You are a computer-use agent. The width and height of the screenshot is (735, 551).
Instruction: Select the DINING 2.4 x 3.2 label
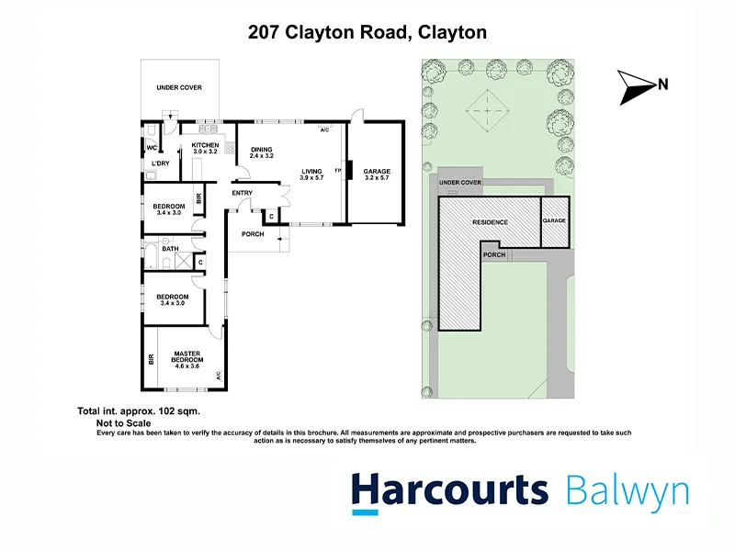tap(261, 152)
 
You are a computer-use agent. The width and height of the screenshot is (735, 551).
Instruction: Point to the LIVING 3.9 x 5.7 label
tap(311, 174)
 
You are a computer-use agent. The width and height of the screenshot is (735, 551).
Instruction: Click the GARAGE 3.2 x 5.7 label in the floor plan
tap(377, 174)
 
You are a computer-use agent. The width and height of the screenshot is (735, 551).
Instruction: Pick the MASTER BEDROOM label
tap(187, 360)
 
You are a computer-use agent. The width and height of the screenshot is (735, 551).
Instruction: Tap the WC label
tap(152, 148)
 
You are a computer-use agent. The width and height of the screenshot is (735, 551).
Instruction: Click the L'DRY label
tap(160, 163)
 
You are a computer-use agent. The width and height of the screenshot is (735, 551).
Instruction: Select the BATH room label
tap(170, 249)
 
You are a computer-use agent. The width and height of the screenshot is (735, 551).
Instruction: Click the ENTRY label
tap(243, 193)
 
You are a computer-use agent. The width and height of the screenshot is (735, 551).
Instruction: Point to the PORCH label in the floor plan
tap(253, 234)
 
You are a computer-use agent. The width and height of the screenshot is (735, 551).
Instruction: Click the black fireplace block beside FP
tap(349, 170)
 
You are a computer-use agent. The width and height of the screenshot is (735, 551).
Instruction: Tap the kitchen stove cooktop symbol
tap(230, 149)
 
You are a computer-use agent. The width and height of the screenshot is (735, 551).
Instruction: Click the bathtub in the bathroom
tap(151, 255)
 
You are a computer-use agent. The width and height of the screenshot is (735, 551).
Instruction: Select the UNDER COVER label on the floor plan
tap(179, 87)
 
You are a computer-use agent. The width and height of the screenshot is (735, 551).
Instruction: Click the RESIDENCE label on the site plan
tap(490, 222)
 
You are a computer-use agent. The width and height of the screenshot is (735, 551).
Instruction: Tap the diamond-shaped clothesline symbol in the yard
tap(488, 111)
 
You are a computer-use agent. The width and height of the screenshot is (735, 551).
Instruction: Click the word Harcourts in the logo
tap(449, 491)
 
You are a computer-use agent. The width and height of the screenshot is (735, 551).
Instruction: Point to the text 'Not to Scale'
tap(124, 423)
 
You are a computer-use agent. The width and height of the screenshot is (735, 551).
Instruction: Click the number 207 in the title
tap(265, 32)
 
